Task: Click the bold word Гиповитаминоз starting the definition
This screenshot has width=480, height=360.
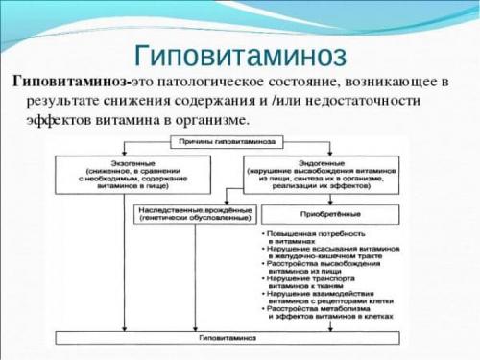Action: [x=73, y=82]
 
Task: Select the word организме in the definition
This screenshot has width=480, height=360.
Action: [x=212, y=120]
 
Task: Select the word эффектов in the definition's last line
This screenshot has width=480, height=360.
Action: [x=57, y=120]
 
